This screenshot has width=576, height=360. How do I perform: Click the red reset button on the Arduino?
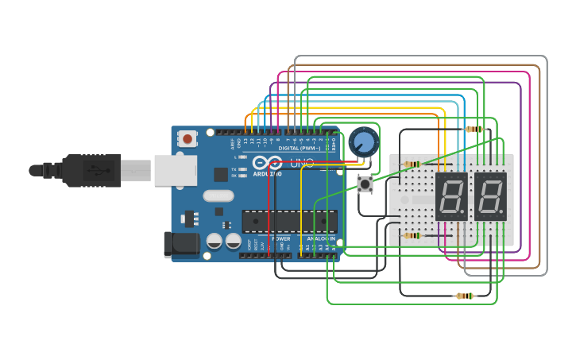[x=187, y=139]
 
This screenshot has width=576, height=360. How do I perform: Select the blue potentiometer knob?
[x=364, y=142]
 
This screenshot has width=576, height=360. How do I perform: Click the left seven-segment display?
[x=450, y=196]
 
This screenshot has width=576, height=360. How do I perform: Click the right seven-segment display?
[x=490, y=196]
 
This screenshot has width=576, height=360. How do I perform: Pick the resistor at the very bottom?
[x=464, y=296]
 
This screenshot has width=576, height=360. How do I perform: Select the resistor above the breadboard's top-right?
[x=474, y=129]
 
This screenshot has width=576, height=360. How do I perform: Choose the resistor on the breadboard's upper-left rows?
[x=412, y=165]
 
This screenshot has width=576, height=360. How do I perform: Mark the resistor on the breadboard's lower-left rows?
[x=412, y=235]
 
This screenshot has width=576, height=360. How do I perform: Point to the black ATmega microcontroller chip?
[x=289, y=221]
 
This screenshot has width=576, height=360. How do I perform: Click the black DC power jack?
[x=180, y=244]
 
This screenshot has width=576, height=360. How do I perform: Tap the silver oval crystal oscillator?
[x=218, y=195]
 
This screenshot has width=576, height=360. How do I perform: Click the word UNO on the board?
[x=301, y=163]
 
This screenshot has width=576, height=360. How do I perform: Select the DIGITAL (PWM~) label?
[x=300, y=149]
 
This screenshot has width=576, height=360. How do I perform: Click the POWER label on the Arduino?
[x=281, y=238]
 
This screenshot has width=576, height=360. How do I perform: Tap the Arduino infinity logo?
[x=267, y=164]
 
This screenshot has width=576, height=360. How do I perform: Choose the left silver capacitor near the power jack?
[x=215, y=240]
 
